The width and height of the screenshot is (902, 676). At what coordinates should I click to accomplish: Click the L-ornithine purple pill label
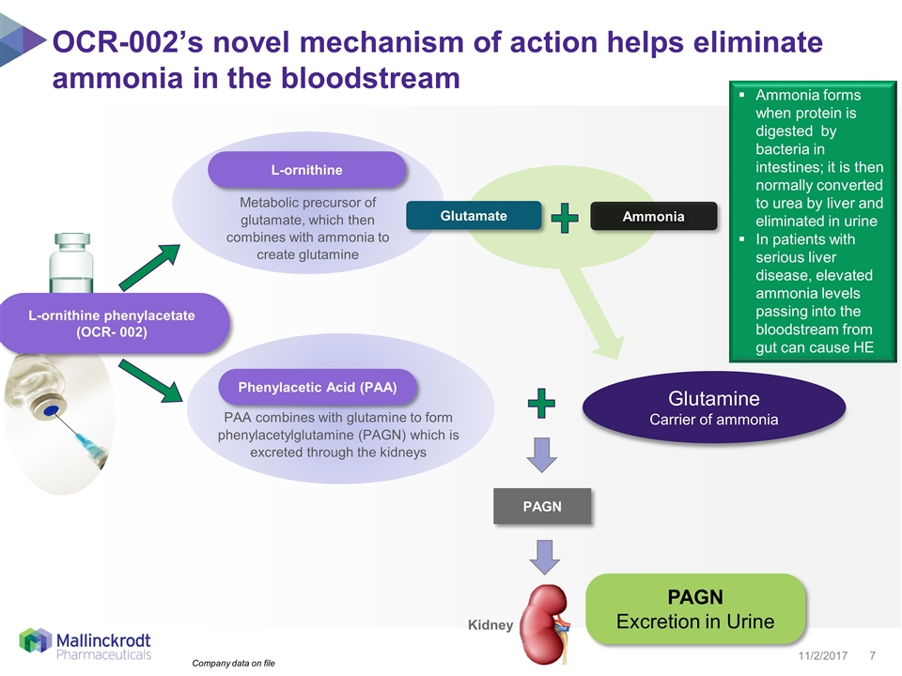click(x=306, y=170)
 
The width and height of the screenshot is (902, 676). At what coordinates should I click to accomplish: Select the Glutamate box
click(x=474, y=216)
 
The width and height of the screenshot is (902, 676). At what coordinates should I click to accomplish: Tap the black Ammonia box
click(x=653, y=216)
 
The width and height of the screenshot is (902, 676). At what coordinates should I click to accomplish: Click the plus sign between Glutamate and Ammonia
click(x=564, y=220)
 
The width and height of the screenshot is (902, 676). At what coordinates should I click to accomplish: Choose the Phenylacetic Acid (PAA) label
click(x=317, y=387)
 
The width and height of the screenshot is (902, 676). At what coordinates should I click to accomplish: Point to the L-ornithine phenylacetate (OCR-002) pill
click(x=112, y=324)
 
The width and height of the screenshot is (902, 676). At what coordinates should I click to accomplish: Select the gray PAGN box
click(x=542, y=506)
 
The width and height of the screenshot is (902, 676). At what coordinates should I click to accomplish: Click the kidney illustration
click(x=548, y=616)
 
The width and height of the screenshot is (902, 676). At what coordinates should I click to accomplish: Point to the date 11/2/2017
click(x=823, y=653)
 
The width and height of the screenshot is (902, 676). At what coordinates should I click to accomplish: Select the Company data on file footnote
click(x=234, y=664)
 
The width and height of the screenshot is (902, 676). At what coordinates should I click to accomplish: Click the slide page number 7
click(x=874, y=653)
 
